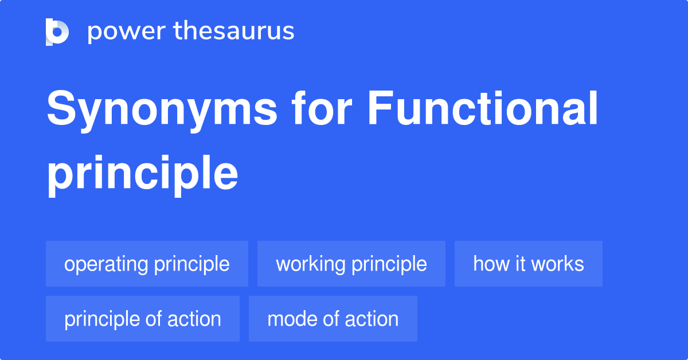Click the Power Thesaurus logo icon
pyautogui.click(x=57, y=32)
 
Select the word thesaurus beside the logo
pyautogui.click(x=233, y=32)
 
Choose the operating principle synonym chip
pyautogui.click(x=147, y=264)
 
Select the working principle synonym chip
pyautogui.click(x=351, y=264)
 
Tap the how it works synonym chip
pyautogui.click(x=528, y=264)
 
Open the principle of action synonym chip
pyautogui.click(x=142, y=319)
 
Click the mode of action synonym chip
pyautogui.click(x=333, y=319)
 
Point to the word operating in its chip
pyautogui.click(x=106, y=264)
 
